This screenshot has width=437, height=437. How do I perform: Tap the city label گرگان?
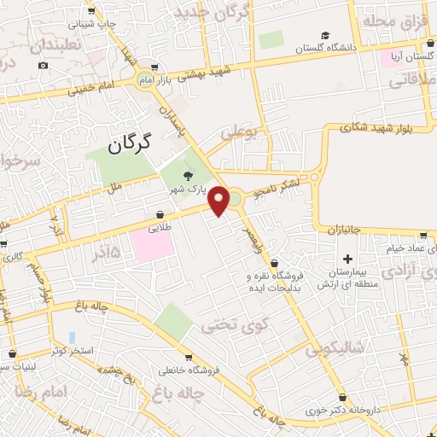(129, 143)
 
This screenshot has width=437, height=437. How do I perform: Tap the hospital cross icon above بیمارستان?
(347, 258)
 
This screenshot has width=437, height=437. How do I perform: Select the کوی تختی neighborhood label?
(229, 325)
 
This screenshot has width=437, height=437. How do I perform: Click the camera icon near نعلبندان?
(44, 65)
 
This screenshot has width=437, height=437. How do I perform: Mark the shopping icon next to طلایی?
(160, 215)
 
